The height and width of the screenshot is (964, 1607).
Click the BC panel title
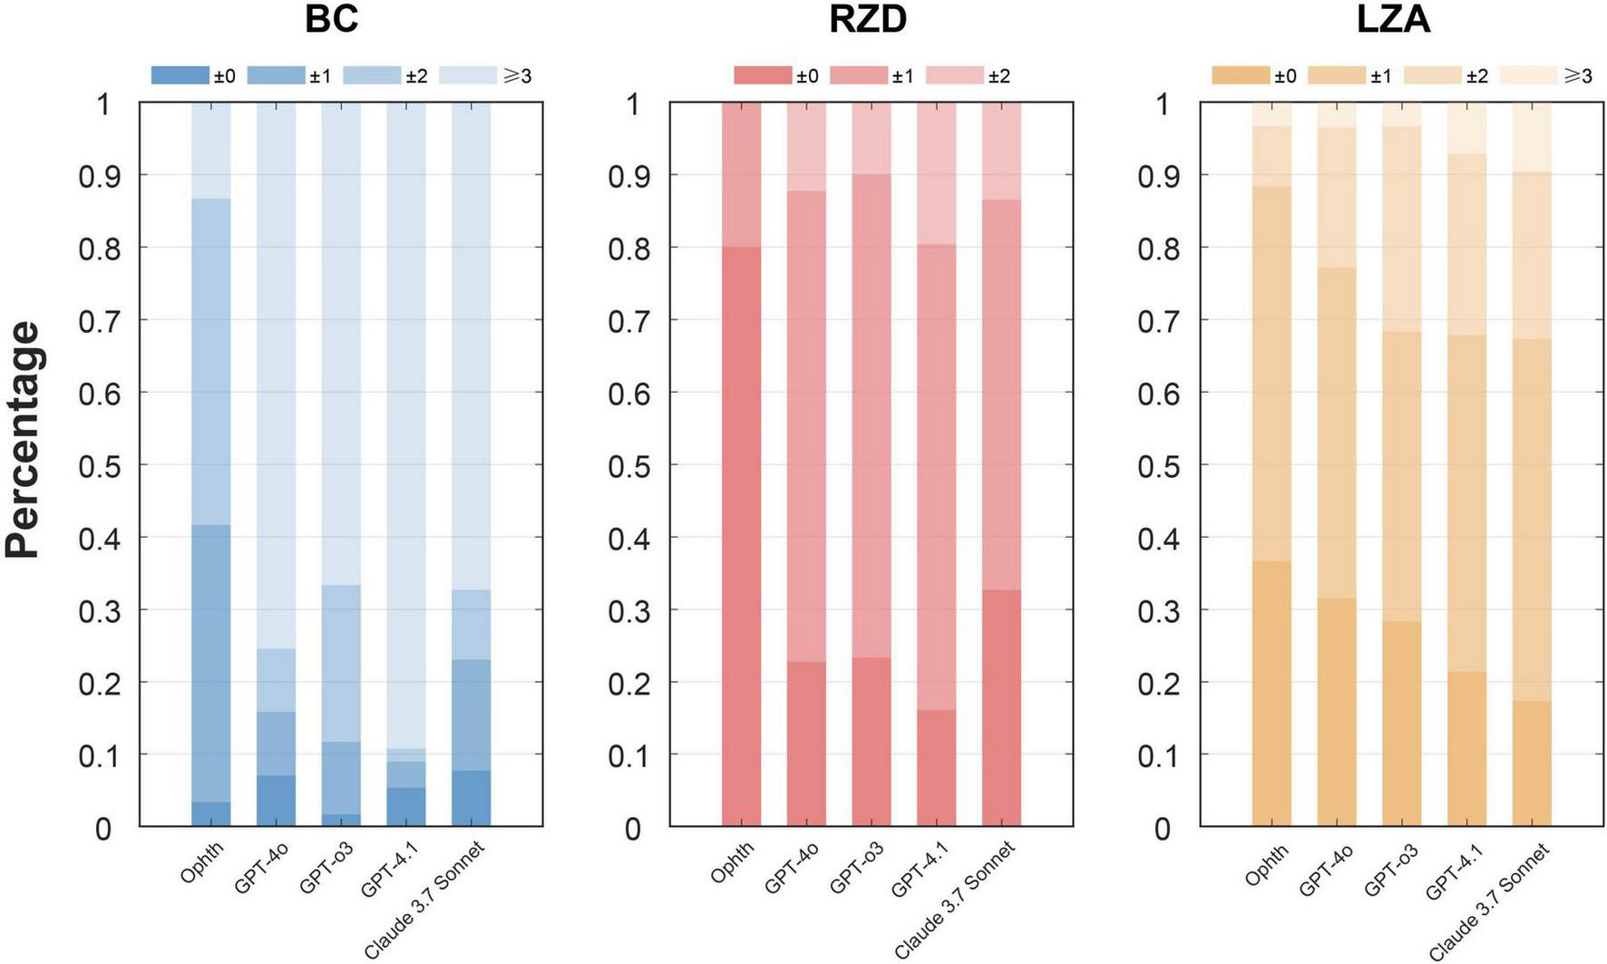pos(331,19)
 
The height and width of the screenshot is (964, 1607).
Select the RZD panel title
pos(868,19)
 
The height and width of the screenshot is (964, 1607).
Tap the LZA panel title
pos(1394,19)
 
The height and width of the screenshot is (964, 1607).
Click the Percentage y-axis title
pos(24,440)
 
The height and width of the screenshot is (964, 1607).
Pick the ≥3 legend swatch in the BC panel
pos(468,75)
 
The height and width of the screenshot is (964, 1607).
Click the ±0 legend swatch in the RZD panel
pos(762,75)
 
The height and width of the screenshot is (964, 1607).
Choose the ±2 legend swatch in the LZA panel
pos(1433,75)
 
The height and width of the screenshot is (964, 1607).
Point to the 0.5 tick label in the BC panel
pos(100,465)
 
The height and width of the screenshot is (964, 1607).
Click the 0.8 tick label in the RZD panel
pos(629,248)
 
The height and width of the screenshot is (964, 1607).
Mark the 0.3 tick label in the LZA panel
pos(1159,610)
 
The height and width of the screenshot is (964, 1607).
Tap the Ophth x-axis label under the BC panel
pos(201,863)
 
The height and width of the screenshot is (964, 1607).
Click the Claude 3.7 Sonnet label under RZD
pos(954,900)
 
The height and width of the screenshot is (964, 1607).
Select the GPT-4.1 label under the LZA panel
pos(1455,871)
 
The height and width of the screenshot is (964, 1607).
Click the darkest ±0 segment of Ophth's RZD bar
pos(741,535)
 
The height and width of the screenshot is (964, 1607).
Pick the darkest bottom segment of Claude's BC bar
pos(471,798)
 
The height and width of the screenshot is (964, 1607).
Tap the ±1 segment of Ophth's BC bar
pos(210,662)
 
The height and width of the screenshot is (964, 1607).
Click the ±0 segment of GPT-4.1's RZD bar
pos(936,767)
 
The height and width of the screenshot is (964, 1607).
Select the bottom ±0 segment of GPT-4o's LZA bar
pos(1337,712)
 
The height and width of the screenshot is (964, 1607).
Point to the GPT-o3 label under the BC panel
pos(326,868)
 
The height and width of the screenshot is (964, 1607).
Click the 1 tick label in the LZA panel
pos(1163,104)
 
